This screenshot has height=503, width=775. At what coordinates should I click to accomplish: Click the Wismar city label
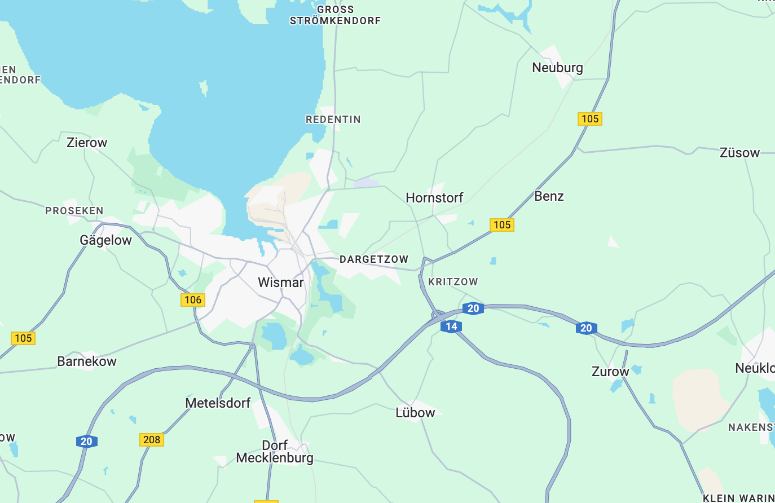[280, 283]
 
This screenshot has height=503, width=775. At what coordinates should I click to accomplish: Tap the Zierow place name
[87, 143]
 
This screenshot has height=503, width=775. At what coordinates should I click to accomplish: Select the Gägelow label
[105, 240]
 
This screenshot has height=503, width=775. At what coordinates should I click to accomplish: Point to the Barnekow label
[87, 361]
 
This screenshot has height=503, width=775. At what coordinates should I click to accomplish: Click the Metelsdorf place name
[218, 403]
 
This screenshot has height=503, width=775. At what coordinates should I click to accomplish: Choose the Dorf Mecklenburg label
[275, 452]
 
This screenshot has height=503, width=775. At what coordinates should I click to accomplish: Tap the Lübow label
[415, 413]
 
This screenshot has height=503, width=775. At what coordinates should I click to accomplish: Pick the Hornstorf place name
[434, 198]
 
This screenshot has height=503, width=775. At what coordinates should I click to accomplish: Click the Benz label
[549, 196]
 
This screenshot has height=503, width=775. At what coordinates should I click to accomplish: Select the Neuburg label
[557, 68]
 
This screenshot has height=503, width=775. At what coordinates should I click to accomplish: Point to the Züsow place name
[739, 153]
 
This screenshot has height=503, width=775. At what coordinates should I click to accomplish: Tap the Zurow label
[610, 372]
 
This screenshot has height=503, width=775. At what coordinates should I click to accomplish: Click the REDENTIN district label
[333, 120]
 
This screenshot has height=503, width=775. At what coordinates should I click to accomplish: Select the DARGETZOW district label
[374, 259]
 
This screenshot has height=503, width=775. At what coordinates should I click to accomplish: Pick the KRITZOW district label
[453, 282]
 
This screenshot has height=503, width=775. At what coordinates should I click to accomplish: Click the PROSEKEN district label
[74, 211]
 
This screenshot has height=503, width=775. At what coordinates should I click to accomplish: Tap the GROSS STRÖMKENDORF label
[336, 15]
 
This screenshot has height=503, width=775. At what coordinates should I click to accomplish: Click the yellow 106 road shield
[193, 300]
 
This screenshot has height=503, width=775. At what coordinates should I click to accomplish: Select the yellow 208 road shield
[152, 440]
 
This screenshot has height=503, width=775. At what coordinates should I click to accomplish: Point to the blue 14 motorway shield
[451, 326]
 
